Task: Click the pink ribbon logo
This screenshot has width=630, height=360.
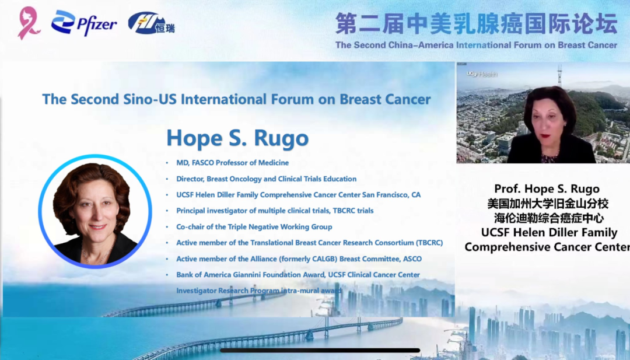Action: (x=29, y=23)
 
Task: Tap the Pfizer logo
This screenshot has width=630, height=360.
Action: (x=84, y=23)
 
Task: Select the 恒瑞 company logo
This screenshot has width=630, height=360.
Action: (x=152, y=23)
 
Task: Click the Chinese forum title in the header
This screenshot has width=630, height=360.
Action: (x=476, y=23)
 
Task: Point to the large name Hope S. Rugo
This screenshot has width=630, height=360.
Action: (x=237, y=138)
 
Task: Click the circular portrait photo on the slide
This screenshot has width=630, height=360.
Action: (x=95, y=211)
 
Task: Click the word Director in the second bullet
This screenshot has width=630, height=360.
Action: (x=190, y=179)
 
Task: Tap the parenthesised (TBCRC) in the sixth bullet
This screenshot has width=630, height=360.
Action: (x=429, y=243)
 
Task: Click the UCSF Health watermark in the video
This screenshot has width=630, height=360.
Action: (x=482, y=74)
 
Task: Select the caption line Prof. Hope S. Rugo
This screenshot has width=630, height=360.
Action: (x=547, y=189)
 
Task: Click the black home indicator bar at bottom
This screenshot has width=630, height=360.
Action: (x=320, y=351)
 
